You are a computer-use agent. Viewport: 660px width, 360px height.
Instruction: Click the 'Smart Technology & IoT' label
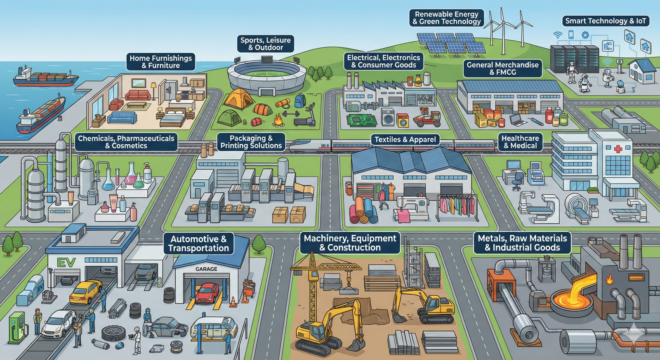(605, 21)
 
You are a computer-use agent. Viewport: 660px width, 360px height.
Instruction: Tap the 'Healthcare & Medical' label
(520, 142)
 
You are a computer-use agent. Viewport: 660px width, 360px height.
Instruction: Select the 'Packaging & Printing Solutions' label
(251, 142)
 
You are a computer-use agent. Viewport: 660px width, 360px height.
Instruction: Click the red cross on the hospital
(618, 149)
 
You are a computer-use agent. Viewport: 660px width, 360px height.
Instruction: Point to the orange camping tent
(239, 99)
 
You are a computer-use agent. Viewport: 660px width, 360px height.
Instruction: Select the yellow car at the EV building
(85, 291)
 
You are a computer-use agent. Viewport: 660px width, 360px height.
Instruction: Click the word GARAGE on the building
(206, 269)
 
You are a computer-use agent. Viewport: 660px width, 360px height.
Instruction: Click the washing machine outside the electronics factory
(388, 117)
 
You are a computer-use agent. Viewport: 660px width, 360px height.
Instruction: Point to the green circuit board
(362, 120)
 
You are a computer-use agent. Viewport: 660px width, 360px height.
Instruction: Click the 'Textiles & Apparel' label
(405, 139)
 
